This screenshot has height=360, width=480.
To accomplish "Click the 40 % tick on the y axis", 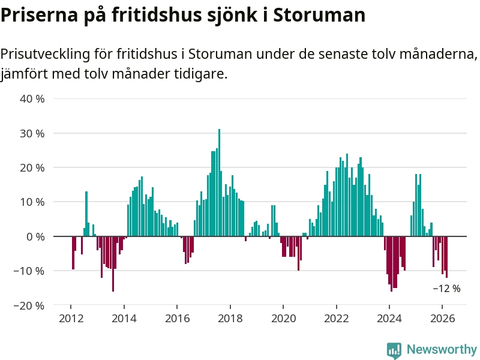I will (32, 98).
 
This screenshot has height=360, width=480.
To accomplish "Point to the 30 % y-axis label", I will (32, 133).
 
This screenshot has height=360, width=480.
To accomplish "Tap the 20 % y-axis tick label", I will (32, 167).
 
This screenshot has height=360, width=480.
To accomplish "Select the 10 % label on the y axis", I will (32, 202).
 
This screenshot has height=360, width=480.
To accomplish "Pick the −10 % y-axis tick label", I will (30, 271).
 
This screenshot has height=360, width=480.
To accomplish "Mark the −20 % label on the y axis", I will (30, 305).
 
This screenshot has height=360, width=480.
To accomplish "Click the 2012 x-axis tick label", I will (71, 319).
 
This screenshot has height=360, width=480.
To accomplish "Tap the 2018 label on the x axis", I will (230, 319).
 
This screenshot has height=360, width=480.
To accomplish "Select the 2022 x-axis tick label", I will (336, 319).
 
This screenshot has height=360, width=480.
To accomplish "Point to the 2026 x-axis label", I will (442, 319).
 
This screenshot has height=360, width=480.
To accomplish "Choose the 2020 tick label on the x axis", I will (283, 319).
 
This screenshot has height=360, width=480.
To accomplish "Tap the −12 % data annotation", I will (446, 289).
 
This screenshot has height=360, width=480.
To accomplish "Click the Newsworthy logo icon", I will (394, 350).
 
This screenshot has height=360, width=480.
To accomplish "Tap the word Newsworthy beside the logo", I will (442, 349).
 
